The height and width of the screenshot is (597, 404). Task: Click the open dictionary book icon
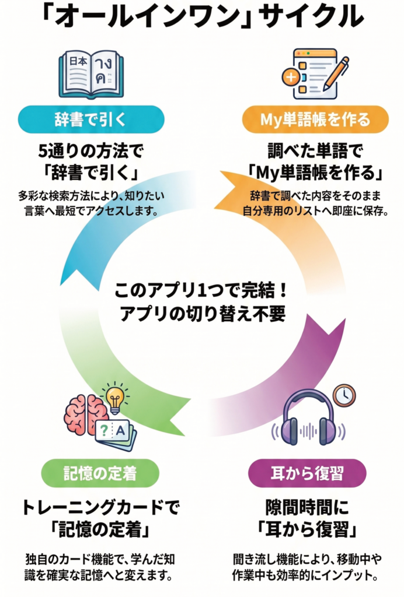point(91,74)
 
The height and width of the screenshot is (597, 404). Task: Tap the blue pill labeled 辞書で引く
point(91,120)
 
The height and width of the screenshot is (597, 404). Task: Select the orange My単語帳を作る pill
point(315,120)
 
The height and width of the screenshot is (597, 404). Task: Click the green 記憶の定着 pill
point(100,473)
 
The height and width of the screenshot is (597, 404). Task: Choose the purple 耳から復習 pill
point(307,473)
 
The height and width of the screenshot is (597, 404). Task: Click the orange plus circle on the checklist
point(291,78)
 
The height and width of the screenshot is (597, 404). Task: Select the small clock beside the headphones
point(344,395)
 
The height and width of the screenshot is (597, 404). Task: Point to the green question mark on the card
point(103,431)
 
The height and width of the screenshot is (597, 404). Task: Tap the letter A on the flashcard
point(120,431)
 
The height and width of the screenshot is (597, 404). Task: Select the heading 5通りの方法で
point(91,152)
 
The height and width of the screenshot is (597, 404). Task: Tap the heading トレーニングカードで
point(100,508)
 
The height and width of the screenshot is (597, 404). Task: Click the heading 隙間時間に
point(307,508)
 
